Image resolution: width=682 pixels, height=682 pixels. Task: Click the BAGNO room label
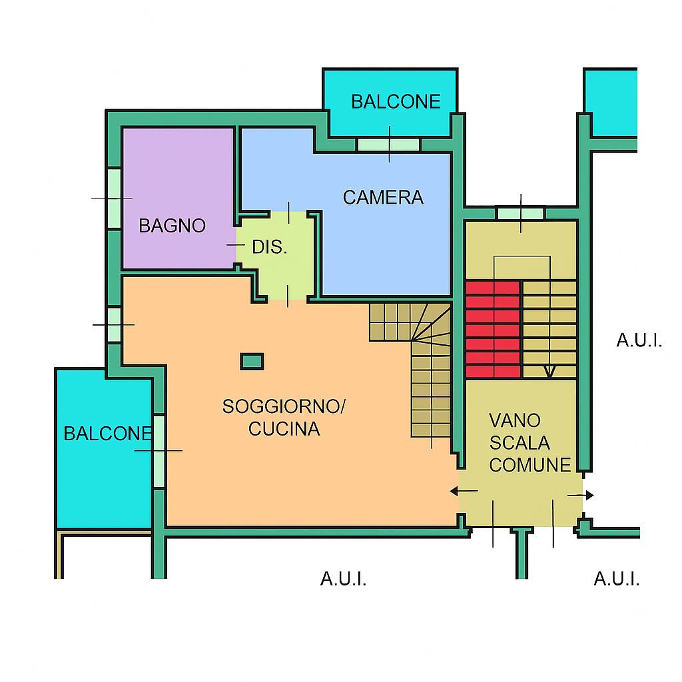pyautogui.click(x=172, y=226)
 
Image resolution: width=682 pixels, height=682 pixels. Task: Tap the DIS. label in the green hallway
pyautogui.click(x=270, y=248)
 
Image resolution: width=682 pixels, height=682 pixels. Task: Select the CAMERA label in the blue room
pyautogui.click(x=383, y=197)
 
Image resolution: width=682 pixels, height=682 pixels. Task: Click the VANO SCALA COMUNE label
pyautogui.click(x=529, y=443)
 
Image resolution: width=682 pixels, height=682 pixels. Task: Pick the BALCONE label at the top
pyautogui.click(x=396, y=102)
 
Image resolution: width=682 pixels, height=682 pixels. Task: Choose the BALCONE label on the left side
pyautogui.click(x=107, y=434)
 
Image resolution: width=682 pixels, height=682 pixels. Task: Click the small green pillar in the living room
pyautogui.click(x=251, y=362)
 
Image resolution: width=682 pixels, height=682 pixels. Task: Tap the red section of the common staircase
pyautogui.click(x=493, y=330)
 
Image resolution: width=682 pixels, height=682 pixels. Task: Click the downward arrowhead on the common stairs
pyautogui.click(x=549, y=372)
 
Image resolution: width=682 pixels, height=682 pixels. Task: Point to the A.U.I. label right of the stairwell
pyautogui.click(x=639, y=341)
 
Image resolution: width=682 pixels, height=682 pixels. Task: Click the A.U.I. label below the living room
pyautogui.click(x=343, y=579)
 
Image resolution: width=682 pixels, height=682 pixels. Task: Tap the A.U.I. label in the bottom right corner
pyautogui.click(x=616, y=579)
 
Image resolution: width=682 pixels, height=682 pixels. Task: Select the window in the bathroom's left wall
pyautogui.click(x=114, y=198)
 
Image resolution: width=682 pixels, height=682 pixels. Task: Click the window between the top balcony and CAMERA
pyautogui.click(x=388, y=145)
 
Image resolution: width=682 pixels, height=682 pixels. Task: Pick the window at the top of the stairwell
pyautogui.click(x=521, y=214)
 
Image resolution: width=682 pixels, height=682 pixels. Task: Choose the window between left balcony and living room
pyautogui.click(x=159, y=451)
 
